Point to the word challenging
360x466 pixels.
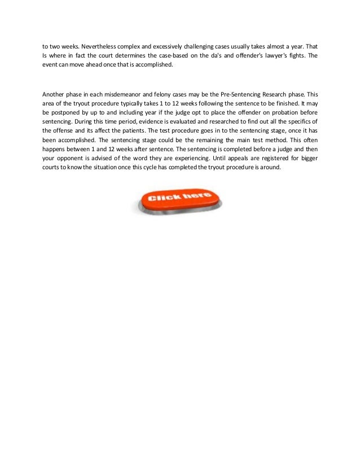point(207,45)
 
